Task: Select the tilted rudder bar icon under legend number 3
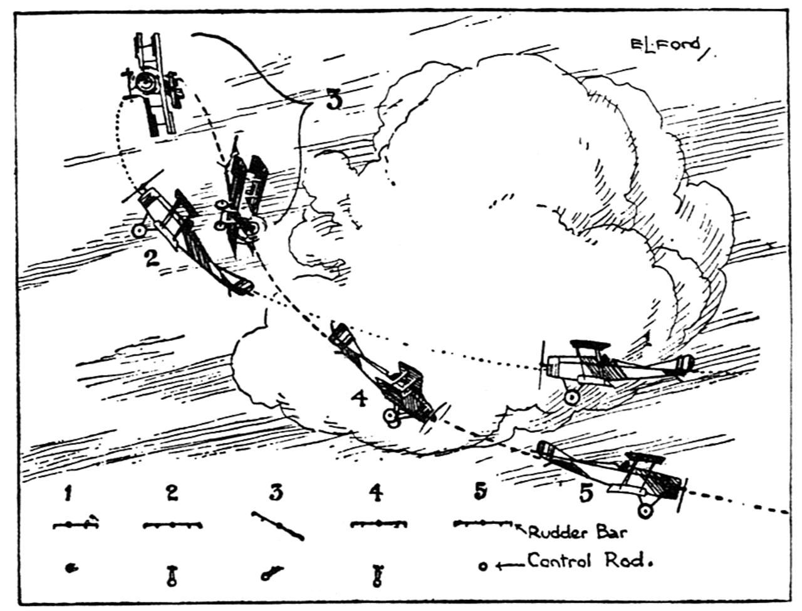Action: click(278, 525)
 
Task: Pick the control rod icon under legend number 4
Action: click(377, 575)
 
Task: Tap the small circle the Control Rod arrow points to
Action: click(483, 567)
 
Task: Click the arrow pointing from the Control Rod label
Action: click(509, 565)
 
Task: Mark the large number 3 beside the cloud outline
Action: click(334, 100)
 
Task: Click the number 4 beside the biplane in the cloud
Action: click(359, 399)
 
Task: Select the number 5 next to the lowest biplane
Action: click(585, 493)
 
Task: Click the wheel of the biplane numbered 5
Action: click(645, 511)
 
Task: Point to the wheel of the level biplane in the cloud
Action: click(571, 397)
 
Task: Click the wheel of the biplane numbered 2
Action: click(139, 231)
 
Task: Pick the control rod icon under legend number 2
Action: click(171, 575)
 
